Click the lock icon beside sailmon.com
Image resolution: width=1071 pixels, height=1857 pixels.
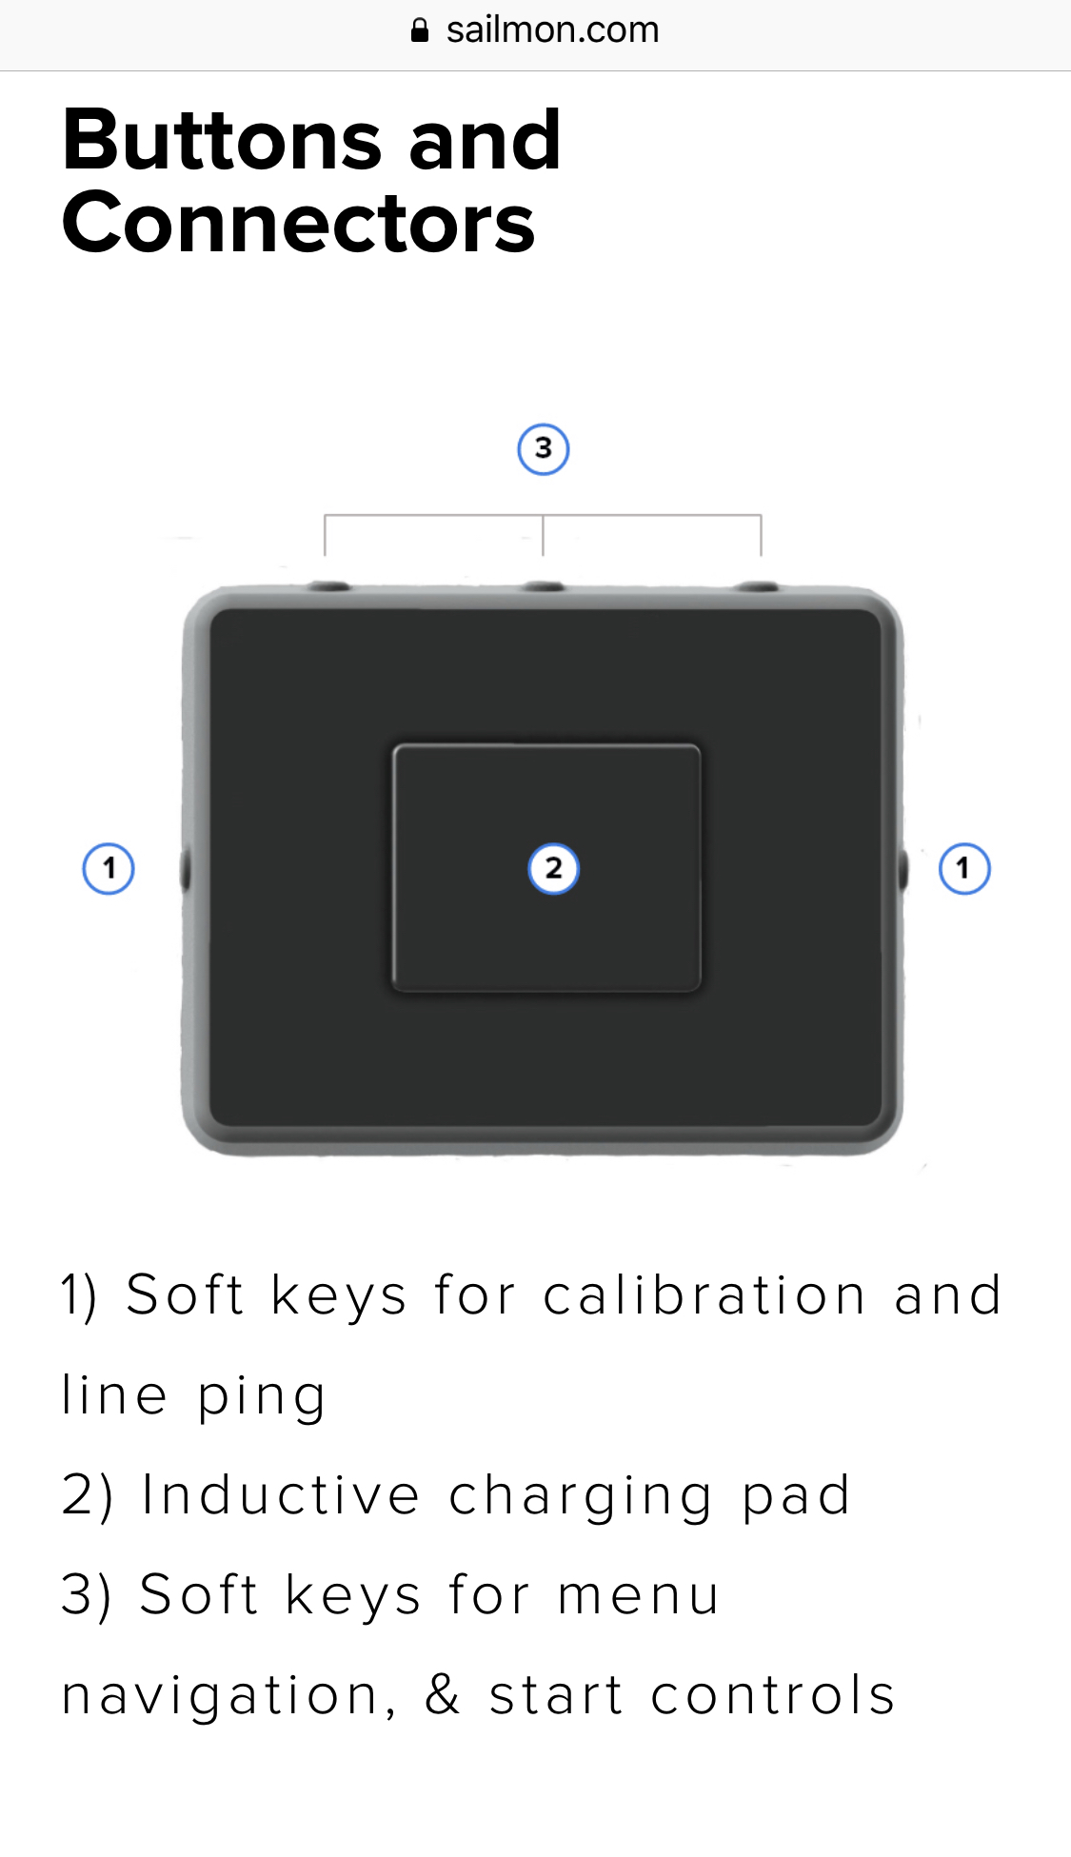tap(419, 30)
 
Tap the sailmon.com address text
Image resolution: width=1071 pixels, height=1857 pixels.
tap(552, 30)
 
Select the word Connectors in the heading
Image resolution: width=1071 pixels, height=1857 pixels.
tap(299, 223)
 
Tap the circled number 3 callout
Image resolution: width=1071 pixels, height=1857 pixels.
tap(544, 449)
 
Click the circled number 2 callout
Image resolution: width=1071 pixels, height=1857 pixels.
tap(553, 868)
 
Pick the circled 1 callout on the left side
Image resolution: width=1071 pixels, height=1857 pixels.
tap(109, 868)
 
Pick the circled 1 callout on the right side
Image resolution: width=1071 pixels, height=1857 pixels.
tap(964, 868)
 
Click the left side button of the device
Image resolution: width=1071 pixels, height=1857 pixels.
tap(186, 869)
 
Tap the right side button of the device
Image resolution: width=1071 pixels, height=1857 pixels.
tap(902, 869)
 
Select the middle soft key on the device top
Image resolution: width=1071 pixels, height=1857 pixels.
tap(544, 587)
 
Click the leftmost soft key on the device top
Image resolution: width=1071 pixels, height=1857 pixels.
tap(329, 586)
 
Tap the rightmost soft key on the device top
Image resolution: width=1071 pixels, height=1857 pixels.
tap(760, 587)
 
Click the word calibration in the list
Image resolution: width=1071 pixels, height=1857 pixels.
tap(704, 1295)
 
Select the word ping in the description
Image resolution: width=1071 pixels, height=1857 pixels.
tap(262, 1397)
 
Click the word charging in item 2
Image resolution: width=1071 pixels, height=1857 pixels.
tap(580, 1497)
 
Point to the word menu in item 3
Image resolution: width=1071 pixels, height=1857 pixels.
tap(638, 1595)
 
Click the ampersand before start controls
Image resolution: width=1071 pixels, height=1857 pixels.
tap(443, 1694)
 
